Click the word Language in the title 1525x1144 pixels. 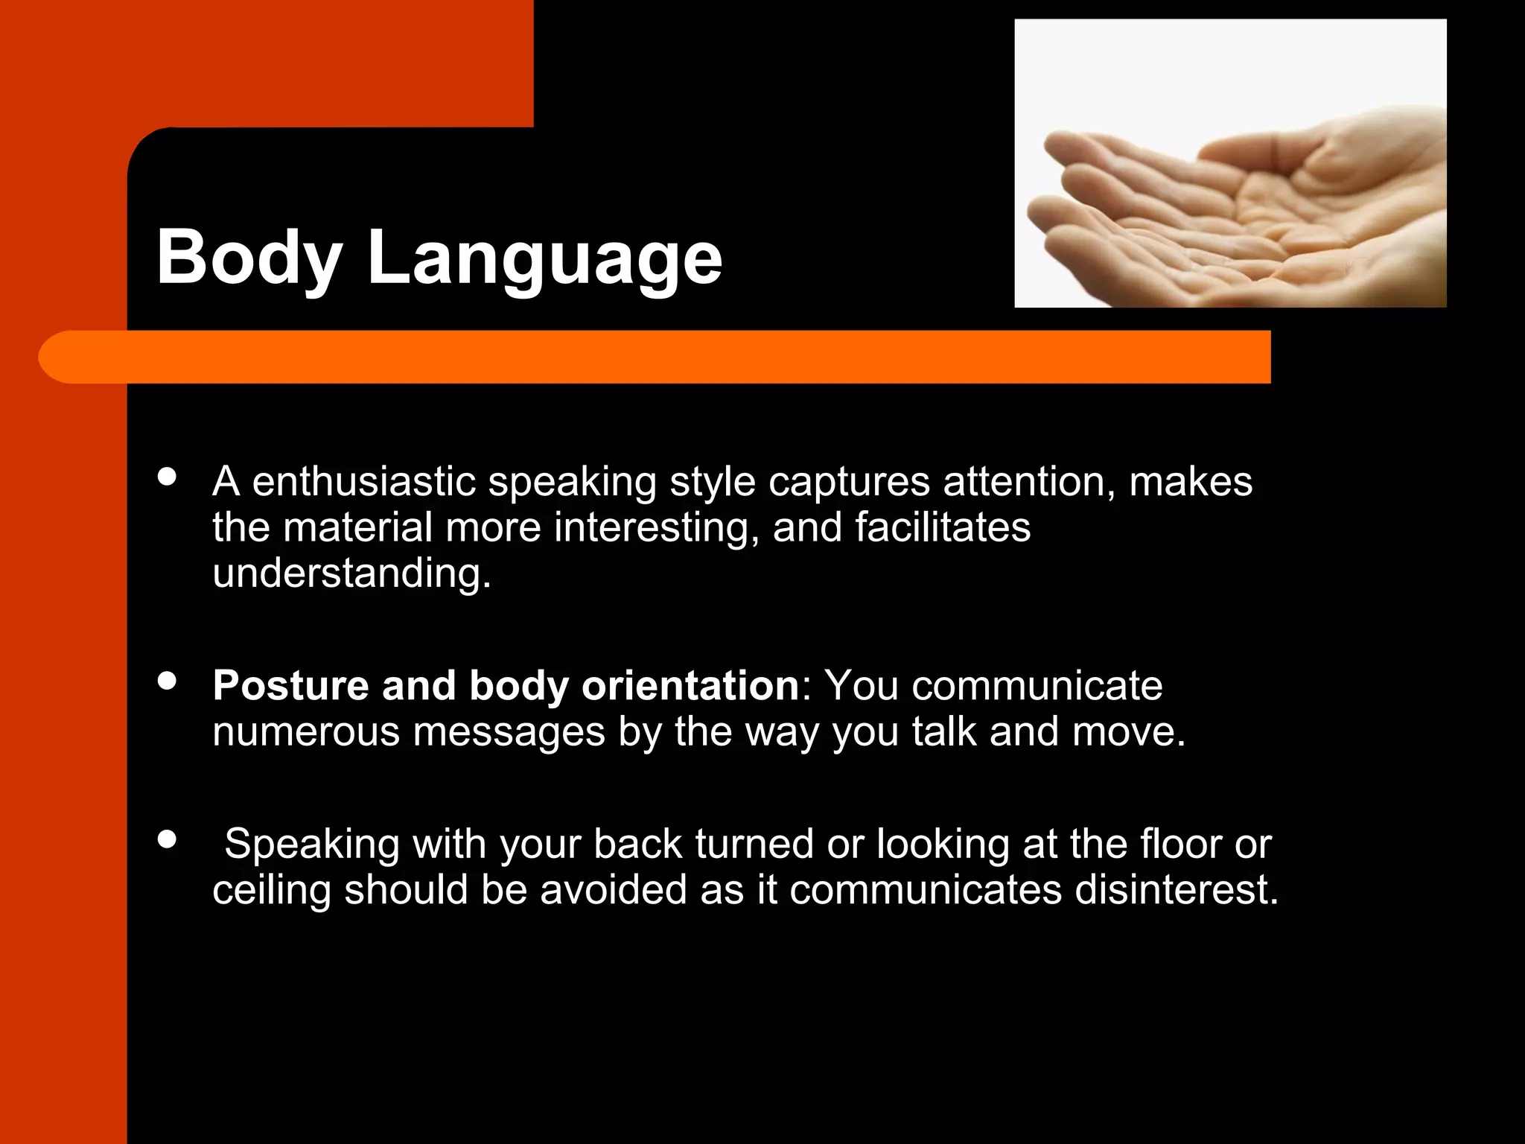[x=544, y=258]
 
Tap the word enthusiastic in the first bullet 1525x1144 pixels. [x=363, y=482]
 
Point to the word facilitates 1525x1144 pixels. [x=942, y=528]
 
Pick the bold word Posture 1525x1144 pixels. [x=290, y=686]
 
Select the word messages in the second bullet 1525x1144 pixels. [x=509, y=732]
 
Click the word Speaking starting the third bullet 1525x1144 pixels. [x=312, y=845]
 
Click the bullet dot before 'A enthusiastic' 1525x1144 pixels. [x=168, y=477]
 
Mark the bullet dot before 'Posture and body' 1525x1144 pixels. [x=168, y=681]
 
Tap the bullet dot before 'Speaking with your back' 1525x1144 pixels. [x=168, y=839]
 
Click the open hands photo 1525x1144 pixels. [x=1230, y=163]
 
